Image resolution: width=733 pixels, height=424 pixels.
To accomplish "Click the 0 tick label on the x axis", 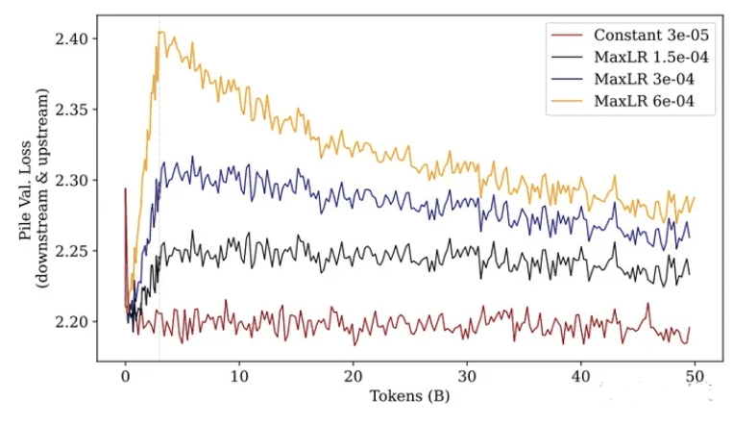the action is pos(125,377).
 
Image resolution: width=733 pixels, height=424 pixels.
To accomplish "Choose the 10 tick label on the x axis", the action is pos(239,377).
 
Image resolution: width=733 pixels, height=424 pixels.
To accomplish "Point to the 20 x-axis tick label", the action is pos(353,377).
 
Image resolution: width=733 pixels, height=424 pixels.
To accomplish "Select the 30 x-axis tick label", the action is pos(467,377).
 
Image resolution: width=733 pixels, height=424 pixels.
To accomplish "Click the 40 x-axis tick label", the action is pos(581,377).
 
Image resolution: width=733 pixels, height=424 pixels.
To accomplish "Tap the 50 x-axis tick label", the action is pos(695,377).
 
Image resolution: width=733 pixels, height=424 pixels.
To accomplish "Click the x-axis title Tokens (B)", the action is pos(409,396).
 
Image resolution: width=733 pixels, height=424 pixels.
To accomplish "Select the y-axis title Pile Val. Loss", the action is pos(27,190).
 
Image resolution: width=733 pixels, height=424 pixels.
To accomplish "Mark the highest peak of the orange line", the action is pos(160,32).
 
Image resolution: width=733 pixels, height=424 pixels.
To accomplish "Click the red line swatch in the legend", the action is pos(567,36).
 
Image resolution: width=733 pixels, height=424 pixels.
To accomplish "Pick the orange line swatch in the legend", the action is pos(567,101).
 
